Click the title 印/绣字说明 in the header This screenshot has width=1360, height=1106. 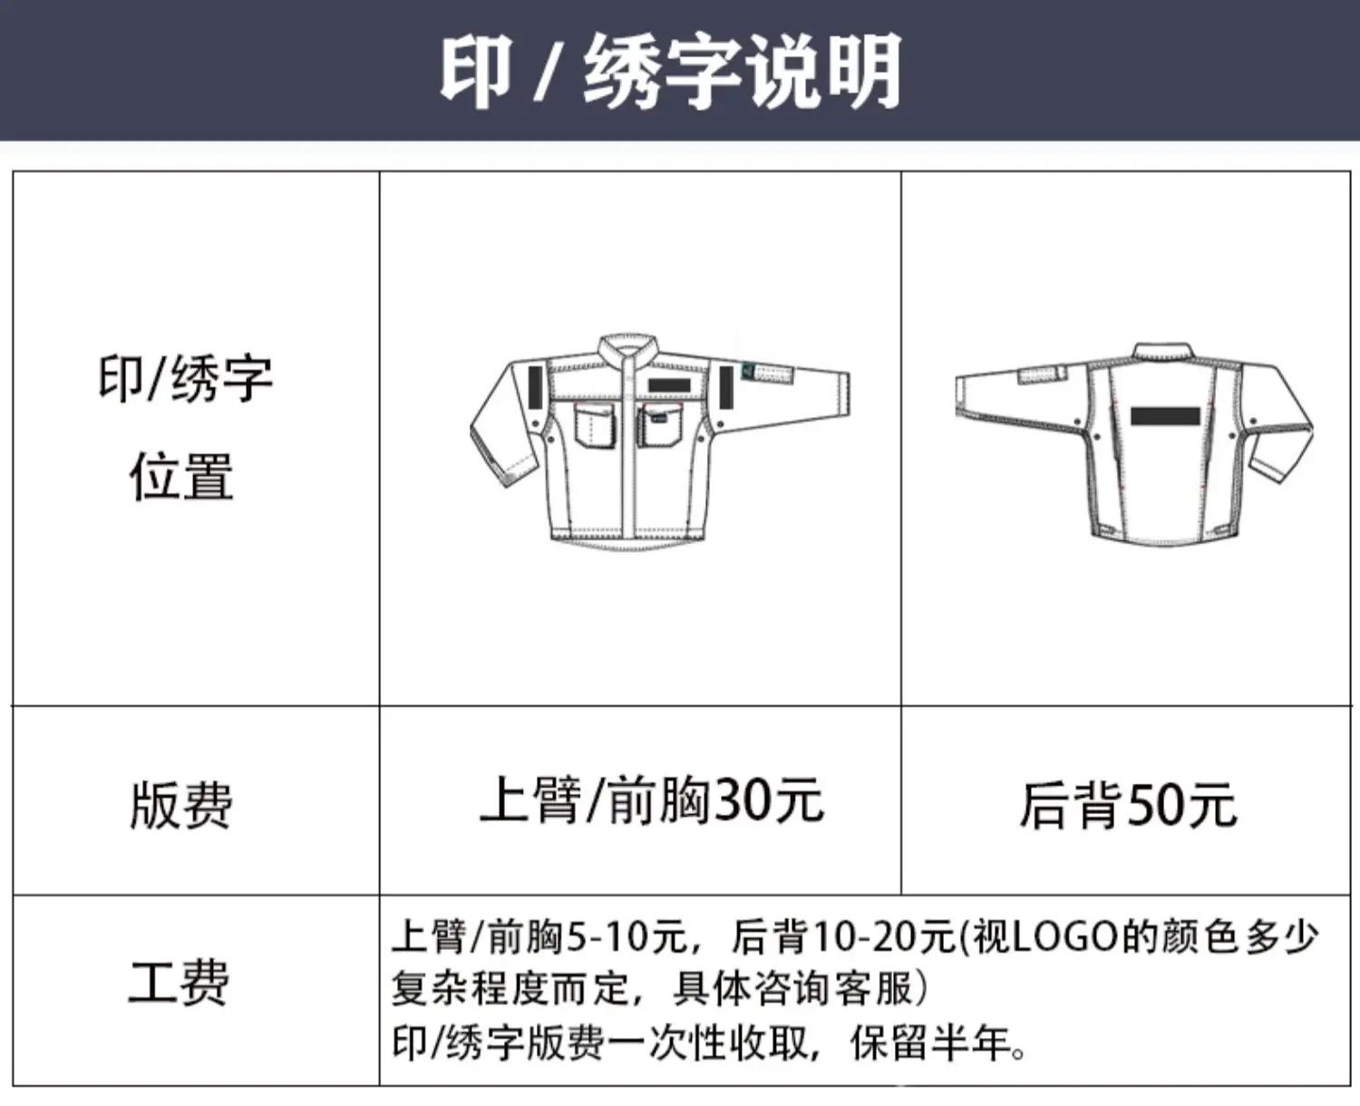670,72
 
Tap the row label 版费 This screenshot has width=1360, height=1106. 181,805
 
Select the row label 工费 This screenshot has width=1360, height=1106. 178,983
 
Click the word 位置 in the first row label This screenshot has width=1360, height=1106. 182,477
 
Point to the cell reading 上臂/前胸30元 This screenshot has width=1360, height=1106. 652,800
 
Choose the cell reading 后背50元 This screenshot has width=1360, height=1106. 1128,805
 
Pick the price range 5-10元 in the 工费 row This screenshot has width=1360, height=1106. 627,936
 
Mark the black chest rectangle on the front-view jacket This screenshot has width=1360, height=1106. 669,385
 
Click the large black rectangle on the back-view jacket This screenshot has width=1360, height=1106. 1165,416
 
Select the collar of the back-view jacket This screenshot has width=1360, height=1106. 1162,353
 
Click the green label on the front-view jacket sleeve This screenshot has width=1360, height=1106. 748,371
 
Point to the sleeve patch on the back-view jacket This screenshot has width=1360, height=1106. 1043,375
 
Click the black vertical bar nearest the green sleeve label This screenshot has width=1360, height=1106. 726,387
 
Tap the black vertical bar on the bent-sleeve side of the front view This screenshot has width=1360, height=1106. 537,388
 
